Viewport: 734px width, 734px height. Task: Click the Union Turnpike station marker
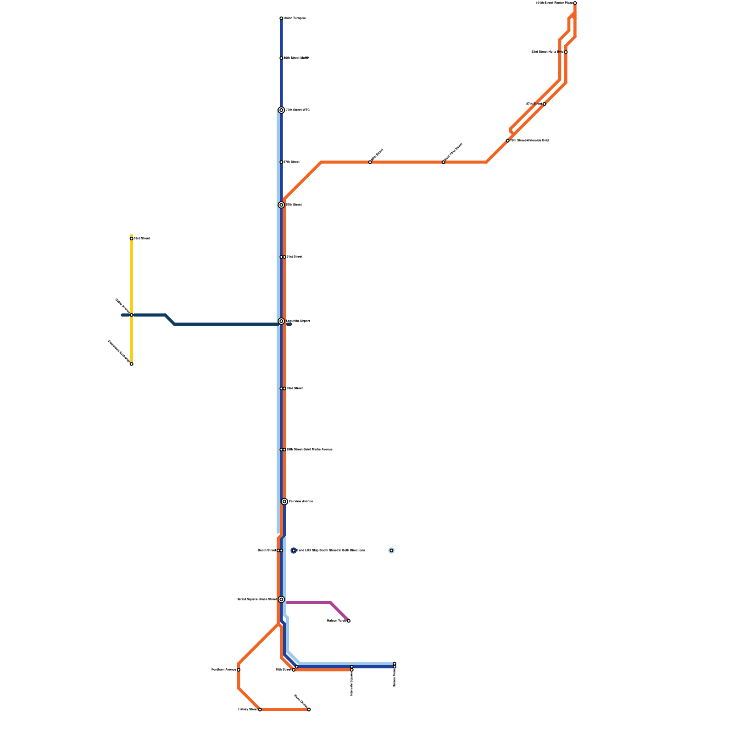(x=281, y=18)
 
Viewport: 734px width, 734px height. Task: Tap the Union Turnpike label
(x=295, y=18)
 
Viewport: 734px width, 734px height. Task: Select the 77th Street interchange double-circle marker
(x=281, y=110)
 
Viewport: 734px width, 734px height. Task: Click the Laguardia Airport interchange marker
(x=281, y=321)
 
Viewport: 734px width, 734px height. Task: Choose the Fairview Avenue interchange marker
(x=284, y=501)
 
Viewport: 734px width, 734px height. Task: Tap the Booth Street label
(x=267, y=550)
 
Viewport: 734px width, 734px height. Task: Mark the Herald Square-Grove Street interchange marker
(x=281, y=600)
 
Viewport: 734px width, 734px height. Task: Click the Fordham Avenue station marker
(x=239, y=670)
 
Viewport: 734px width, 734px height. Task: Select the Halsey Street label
(x=247, y=710)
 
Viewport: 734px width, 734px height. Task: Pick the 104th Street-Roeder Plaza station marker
(x=575, y=3)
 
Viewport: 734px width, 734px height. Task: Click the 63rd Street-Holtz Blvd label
(x=547, y=52)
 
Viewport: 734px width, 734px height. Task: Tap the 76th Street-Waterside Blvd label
(x=529, y=141)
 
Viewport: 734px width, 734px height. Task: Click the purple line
(x=312, y=602)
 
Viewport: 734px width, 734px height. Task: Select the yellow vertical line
(x=132, y=275)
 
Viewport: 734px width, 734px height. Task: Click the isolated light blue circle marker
(x=391, y=550)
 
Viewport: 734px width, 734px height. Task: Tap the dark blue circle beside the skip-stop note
(x=294, y=550)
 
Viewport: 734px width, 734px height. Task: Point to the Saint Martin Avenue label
(x=309, y=450)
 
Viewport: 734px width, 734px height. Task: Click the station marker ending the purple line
(x=349, y=621)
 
